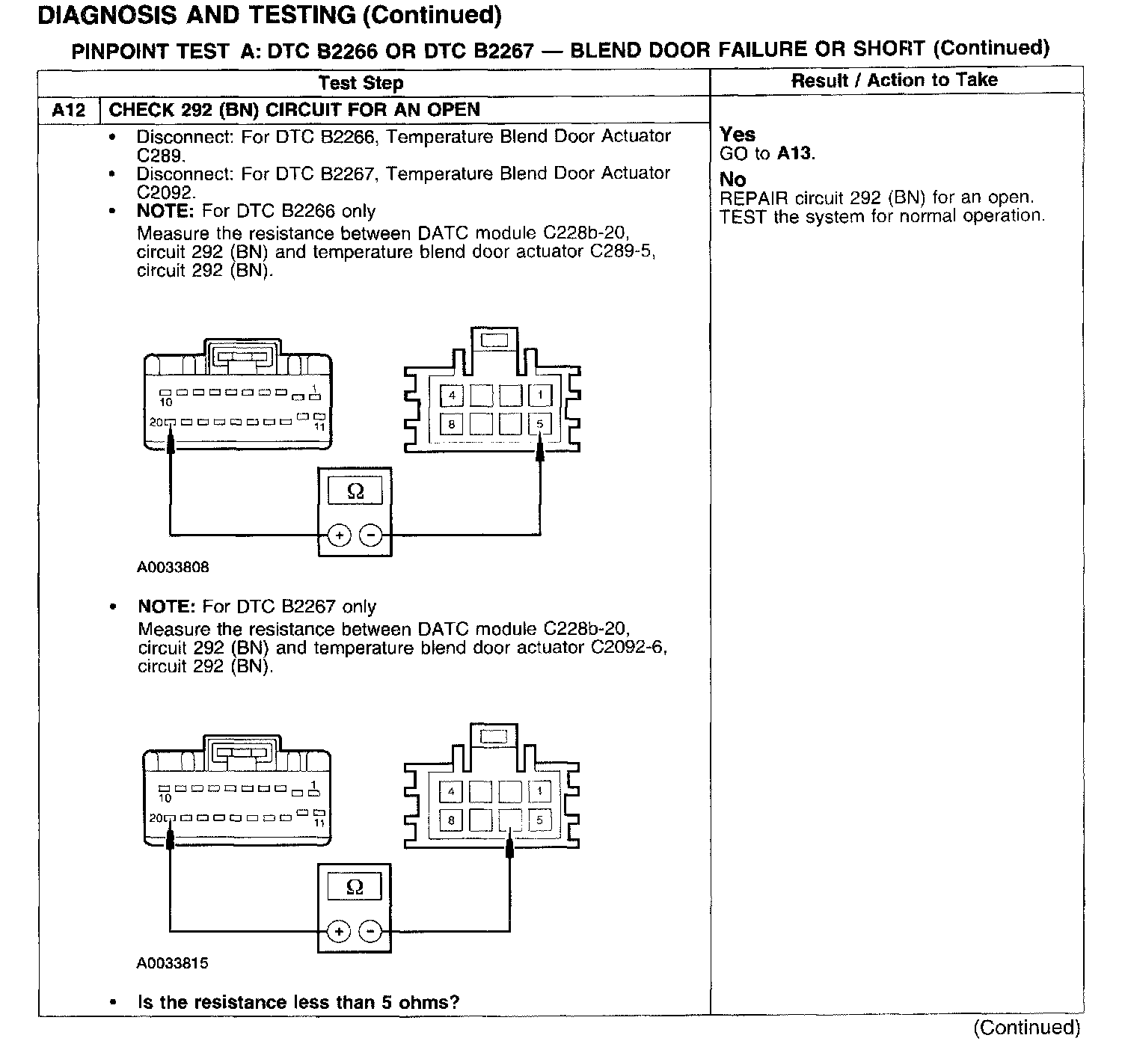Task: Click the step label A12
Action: pos(69,111)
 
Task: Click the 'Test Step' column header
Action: pos(361,83)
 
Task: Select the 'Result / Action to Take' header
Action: pos(895,80)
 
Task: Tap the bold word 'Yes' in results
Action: pos(738,135)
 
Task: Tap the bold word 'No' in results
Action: pos(733,179)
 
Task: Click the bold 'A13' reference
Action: pos(794,153)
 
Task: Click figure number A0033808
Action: pos(173,567)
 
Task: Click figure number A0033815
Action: pos(172,963)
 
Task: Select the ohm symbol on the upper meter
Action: pos(355,491)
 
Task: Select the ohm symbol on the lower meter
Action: pos(355,888)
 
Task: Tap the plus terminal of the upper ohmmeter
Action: pos(339,535)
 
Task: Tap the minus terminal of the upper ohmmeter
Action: pos(371,535)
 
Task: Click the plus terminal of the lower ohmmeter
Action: pos(339,932)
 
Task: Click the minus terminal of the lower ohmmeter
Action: pos(370,932)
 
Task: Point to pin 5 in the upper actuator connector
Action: pos(540,424)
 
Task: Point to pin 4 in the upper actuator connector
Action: pos(451,395)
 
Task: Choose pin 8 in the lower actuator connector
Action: pos(451,820)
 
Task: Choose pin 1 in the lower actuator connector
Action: pos(539,791)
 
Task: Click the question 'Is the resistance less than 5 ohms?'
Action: pos(298,1002)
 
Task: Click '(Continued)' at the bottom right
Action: pos(1027,1028)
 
